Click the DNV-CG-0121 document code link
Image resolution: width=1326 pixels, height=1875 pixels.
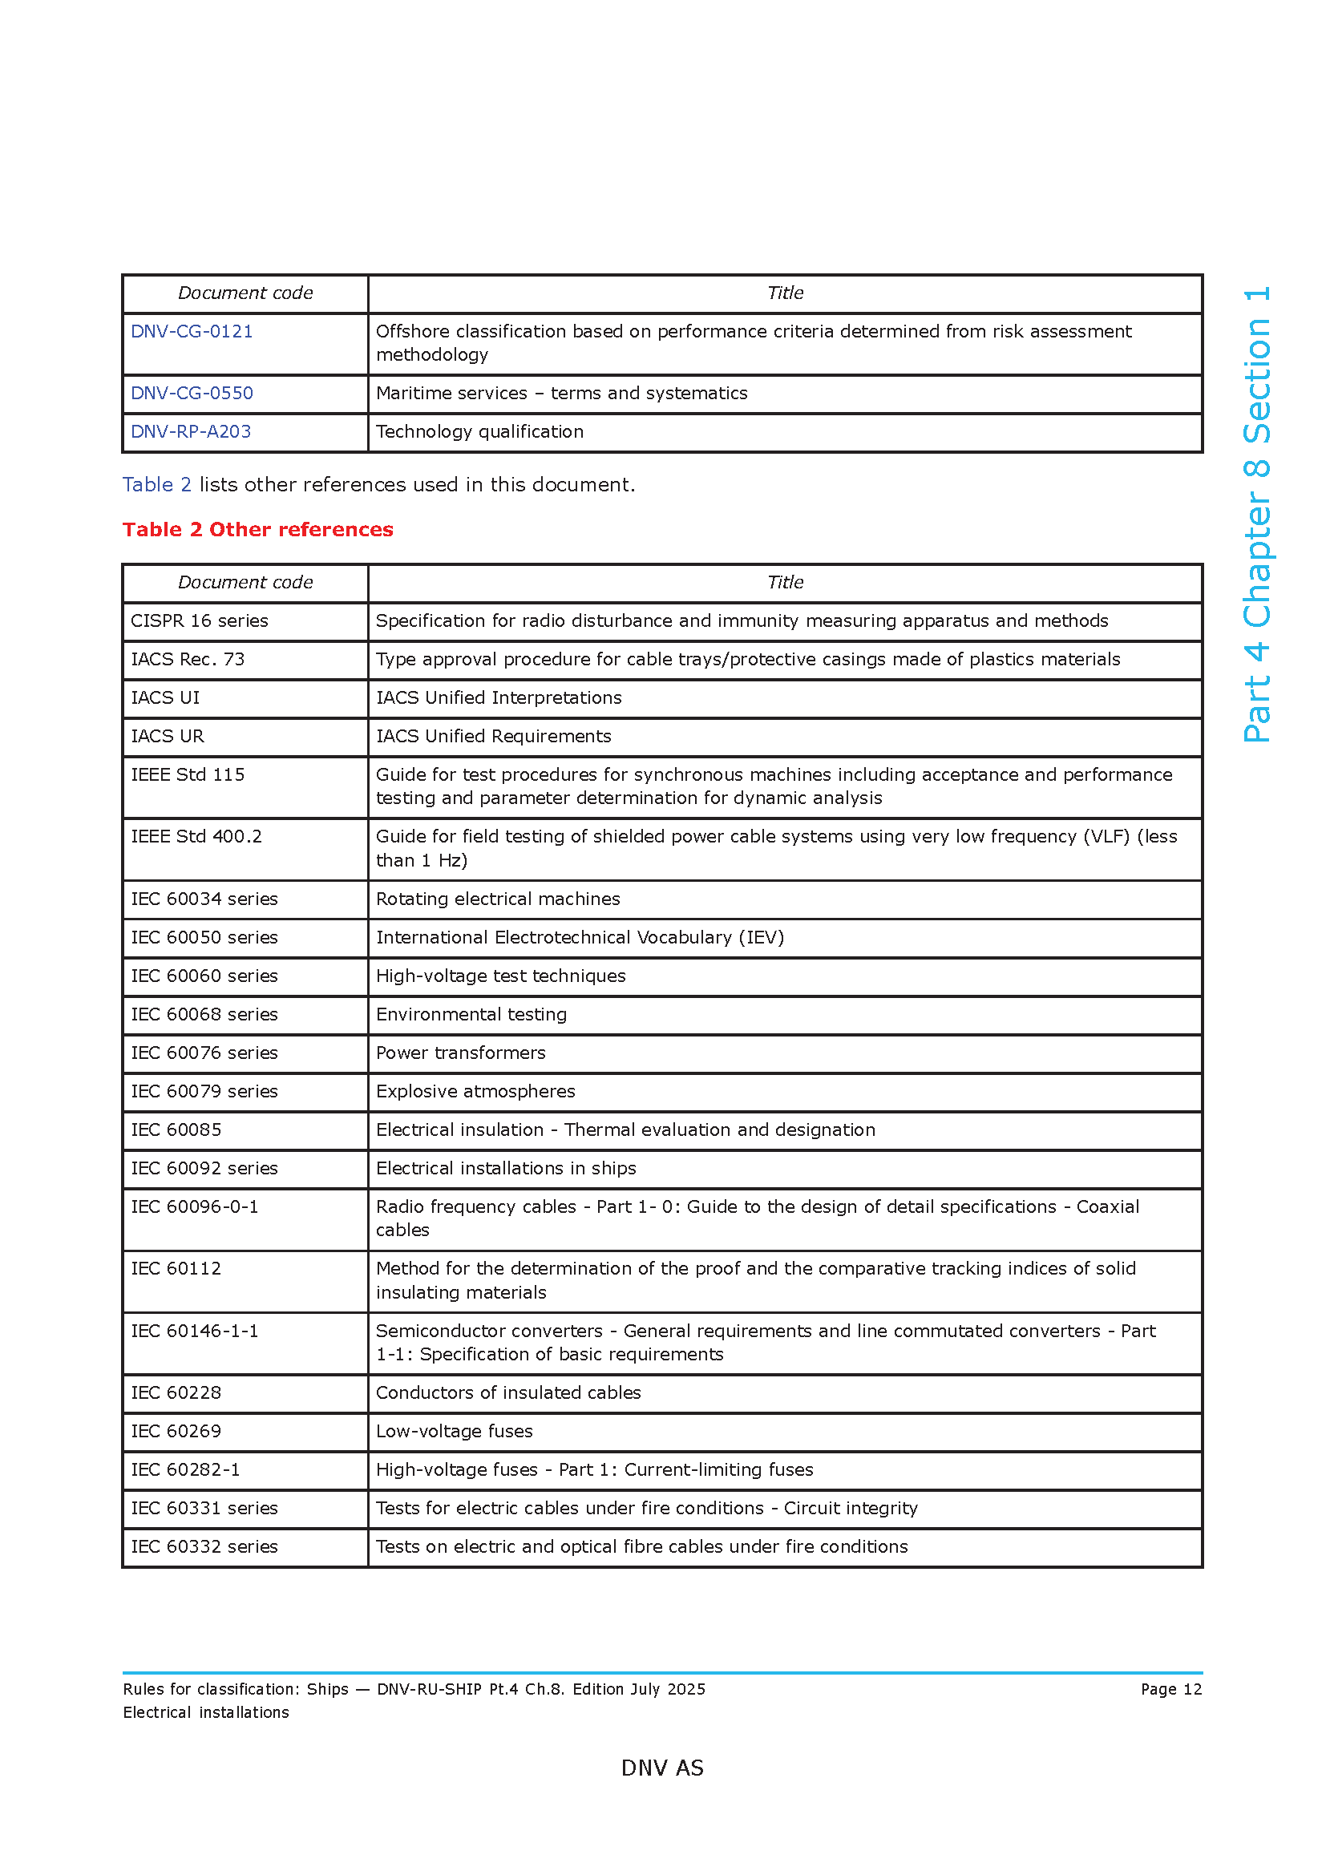[x=192, y=332]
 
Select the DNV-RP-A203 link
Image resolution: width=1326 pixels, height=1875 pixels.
[x=191, y=432]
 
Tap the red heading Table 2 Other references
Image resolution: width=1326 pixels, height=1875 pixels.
[x=258, y=530]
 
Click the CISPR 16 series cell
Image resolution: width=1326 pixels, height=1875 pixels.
[x=200, y=621]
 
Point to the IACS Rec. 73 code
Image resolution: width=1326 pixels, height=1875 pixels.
[x=188, y=660]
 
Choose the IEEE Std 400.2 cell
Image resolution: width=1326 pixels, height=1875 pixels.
[x=196, y=837]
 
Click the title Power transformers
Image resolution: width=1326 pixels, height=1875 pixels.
[x=460, y=1053]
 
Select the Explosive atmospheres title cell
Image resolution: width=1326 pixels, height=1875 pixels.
[x=475, y=1092]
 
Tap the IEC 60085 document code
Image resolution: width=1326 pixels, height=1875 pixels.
[x=176, y=1130]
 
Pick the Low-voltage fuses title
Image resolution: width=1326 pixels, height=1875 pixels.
[x=454, y=1432]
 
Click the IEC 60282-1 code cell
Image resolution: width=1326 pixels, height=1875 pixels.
[x=185, y=1470]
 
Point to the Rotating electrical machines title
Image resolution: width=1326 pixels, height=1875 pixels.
[x=498, y=899]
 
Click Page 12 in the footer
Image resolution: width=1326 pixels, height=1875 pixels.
[x=1170, y=1690]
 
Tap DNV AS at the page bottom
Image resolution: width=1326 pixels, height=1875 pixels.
[x=662, y=1768]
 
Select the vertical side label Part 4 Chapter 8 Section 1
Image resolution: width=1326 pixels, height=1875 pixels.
[x=1256, y=515]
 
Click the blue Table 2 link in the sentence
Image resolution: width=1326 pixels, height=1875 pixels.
[x=157, y=485]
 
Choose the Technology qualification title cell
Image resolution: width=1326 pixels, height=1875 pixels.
[x=480, y=432]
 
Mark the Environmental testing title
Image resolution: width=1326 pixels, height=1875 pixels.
[x=471, y=1015]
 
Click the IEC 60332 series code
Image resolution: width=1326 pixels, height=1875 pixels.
[x=204, y=1546]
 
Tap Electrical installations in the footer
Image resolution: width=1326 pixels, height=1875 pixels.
[x=206, y=1712]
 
